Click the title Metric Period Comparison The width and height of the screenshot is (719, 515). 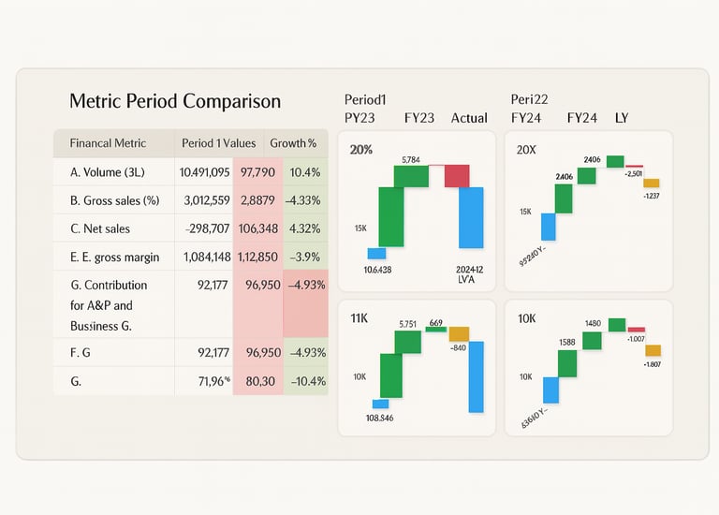pyautogui.click(x=175, y=101)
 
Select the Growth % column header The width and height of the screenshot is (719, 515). pyautogui.click(x=293, y=143)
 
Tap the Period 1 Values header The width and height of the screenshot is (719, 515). pyautogui.click(x=219, y=143)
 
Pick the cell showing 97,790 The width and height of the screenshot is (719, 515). pyautogui.click(x=257, y=172)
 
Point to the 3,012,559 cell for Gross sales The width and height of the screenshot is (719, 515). pyautogui.click(x=202, y=199)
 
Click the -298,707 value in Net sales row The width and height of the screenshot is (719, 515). pyautogui.click(x=202, y=228)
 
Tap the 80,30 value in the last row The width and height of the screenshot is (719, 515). pyautogui.click(x=257, y=381)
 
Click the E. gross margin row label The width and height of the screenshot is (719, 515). pyautogui.click(x=114, y=257)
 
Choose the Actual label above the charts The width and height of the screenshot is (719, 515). pyautogui.click(x=469, y=118)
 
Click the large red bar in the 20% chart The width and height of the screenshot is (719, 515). pyautogui.click(x=457, y=175)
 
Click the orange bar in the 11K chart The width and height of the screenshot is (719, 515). pyautogui.click(x=459, y=333)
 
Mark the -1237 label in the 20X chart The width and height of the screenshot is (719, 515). pyautogui.click(x=653, y=196)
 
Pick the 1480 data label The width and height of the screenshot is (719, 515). pyautogui.click(x=592, y=324)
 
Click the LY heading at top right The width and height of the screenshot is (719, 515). pyautogui.click(x=622, y=118)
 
